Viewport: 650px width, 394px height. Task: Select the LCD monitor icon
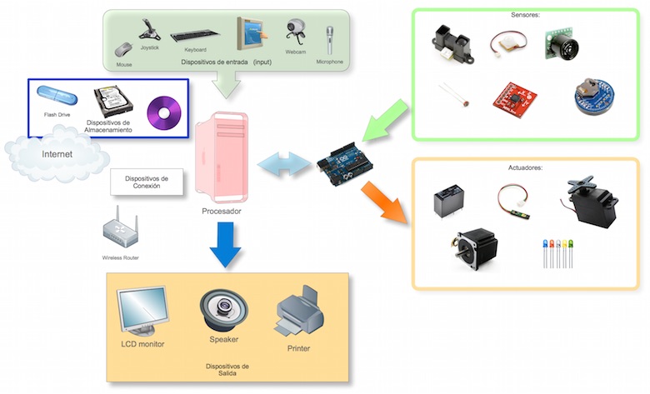click(143, 312)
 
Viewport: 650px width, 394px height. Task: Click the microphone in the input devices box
click(329, 40)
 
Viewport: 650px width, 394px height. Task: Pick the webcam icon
click(296, 33)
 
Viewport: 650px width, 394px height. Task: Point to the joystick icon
click(149, 30)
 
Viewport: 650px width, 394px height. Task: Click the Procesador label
click(222, 211)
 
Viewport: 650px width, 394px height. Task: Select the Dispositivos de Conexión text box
click(147, 182)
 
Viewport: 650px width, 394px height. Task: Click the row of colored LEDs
click(557, 252)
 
